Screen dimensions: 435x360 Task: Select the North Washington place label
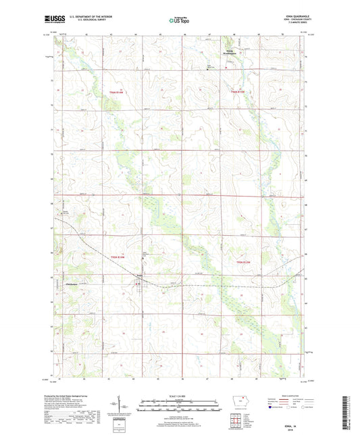coord(232,53)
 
